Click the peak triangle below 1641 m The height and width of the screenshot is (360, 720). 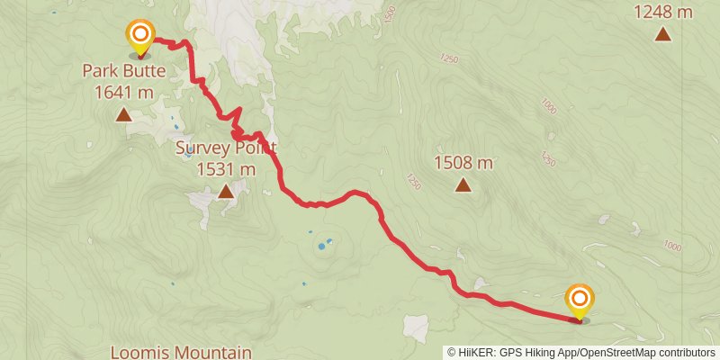(x=123, y=114)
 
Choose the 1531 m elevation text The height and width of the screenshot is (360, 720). (x=226, y=168)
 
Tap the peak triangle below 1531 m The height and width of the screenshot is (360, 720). (x=226, y=191)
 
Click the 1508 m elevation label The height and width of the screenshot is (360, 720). (x=463, y=163)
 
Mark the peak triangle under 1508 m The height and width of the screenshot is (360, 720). (x=463, y=185)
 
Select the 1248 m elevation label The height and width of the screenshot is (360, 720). (x=663, y=12)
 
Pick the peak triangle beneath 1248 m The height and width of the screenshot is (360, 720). (x=663, y=34)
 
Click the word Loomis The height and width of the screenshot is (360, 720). (x=136, y=351)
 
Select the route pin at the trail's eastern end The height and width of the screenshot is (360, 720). (x=580, y=301)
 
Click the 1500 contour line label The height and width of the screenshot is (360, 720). (x=389, y=14)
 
